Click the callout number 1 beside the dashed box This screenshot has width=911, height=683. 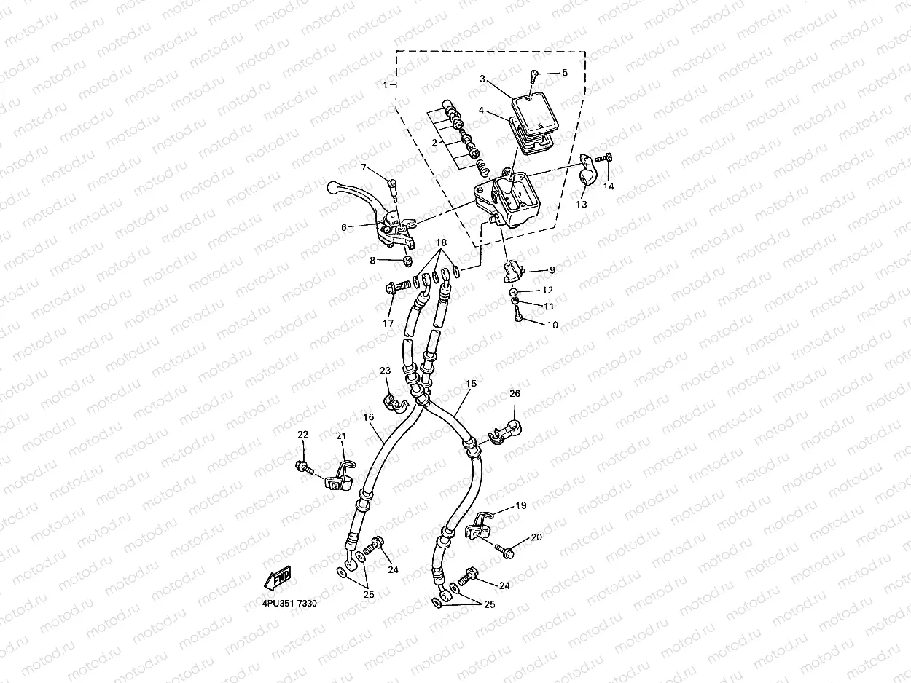tap(386, 85)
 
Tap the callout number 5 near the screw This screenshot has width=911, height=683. tap(564, 73)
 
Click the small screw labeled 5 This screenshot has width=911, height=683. tap(533, 74)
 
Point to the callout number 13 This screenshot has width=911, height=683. tap(582, 205)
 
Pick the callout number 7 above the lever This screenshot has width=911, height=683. tap(364, 167)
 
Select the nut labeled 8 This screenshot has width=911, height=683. tap(408, 261)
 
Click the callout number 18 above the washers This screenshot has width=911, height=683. tap(441, 242)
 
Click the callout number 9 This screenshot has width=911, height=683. tap(552, 270)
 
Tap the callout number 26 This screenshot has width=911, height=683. tap(515, 393)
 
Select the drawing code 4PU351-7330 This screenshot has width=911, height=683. tap(290, 604)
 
